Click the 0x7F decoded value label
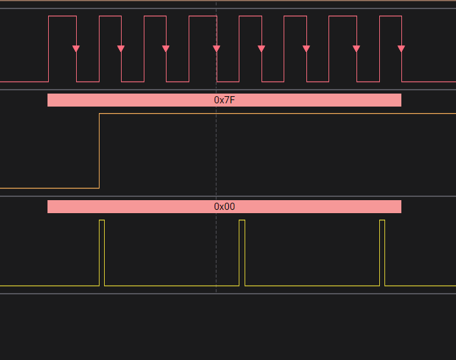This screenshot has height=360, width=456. click(224, 100)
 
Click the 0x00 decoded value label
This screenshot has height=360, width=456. click(224, 207)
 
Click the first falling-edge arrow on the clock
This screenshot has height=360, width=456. click(76, 49)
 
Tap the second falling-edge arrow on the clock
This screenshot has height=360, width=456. click(121, 49)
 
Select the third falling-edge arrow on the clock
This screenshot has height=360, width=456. click(166, 49)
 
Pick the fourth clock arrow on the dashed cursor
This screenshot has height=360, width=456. click(217, 49)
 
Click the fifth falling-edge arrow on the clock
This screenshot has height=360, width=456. click(262, 49)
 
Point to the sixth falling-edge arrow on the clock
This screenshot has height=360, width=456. click(306, 49)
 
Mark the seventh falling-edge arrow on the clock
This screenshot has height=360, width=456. click(356, 49)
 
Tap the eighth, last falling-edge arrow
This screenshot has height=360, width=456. click(401, 49)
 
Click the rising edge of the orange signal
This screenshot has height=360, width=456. click(99, 151)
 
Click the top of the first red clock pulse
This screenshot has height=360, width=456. click(62, 16)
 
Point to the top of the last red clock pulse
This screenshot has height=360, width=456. click(390, 16)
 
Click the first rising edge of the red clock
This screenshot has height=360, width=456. click(49, 49)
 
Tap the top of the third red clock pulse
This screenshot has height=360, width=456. click(155, 16)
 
